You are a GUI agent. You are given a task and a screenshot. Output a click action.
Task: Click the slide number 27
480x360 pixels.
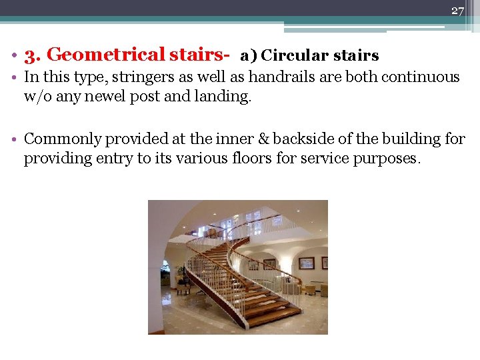457,10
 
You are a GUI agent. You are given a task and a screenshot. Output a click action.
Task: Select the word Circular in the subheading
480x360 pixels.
291,56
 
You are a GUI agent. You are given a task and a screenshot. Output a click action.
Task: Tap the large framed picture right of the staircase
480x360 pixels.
306,263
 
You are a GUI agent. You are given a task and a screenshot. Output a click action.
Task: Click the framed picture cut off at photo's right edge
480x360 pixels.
325,263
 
